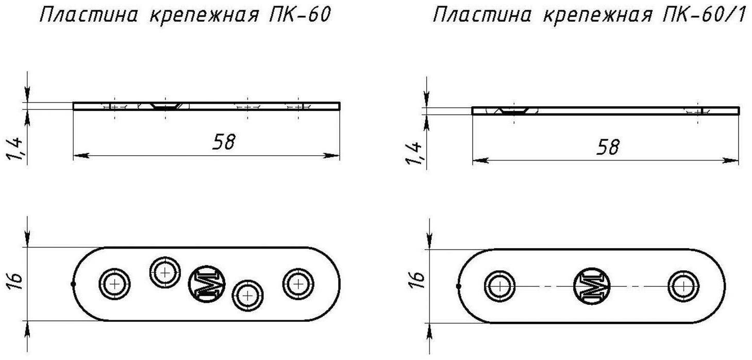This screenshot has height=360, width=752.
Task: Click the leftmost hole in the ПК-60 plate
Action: [x=114, y=284]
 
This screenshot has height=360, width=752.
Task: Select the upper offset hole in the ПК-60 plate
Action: [x=165, y=271]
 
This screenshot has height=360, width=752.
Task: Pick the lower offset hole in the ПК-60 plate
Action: [x=248, y=296]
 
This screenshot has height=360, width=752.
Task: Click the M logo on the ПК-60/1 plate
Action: [x=591, y=286]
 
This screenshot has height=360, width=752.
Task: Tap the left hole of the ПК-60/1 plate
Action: [x=499, y=286]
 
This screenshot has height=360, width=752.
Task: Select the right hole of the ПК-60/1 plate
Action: [x=683, y=286]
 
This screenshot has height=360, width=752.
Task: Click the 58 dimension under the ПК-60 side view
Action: [x=223, y=142]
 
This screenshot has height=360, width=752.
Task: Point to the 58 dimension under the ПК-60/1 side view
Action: [x=607, y=148]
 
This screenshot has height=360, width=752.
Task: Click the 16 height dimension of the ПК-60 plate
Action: [x=16, y=281]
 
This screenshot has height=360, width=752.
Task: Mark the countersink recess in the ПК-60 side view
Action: [x=165, y=107]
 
